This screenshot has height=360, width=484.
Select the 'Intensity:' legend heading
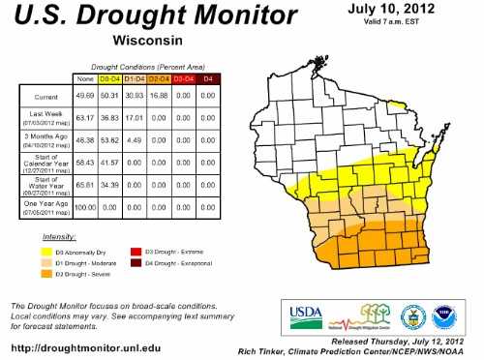pos(61,236)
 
